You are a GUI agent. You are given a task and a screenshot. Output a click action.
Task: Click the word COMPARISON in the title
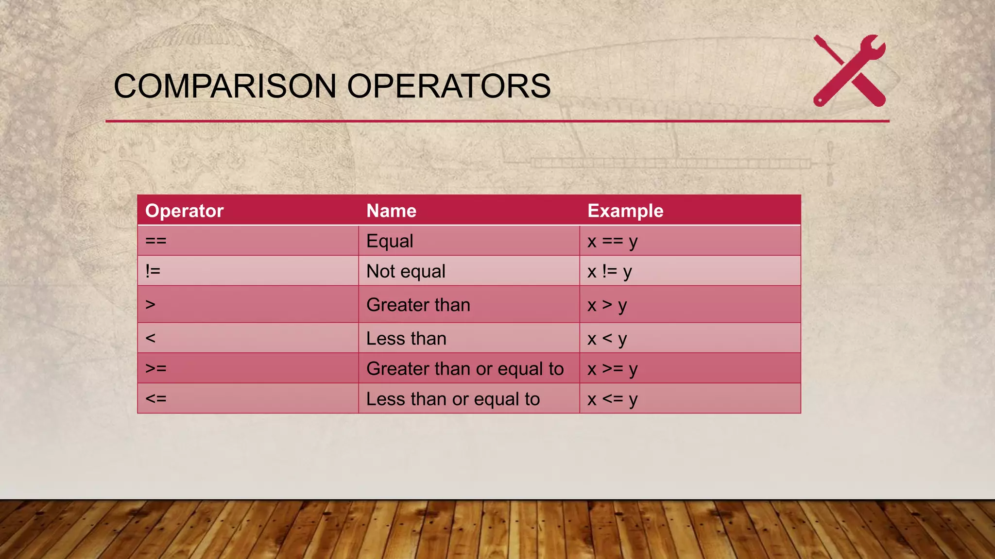(224, 86)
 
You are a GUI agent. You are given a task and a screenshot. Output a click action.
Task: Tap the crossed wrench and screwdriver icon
(849, 71)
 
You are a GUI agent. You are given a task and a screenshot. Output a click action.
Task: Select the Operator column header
(184, 211)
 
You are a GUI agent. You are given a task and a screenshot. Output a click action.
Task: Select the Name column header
(391, 211)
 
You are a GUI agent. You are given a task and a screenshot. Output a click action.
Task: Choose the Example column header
(625, 211)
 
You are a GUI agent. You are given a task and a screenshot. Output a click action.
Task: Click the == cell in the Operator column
(156, 241)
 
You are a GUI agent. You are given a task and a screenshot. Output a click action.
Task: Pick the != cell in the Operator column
(153, 271)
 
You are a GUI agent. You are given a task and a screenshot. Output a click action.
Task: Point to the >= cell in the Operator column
(156, 368)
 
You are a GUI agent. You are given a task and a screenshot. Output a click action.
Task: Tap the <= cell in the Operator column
(156, 398)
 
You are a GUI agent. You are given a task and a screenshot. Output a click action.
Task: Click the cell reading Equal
(390, 241)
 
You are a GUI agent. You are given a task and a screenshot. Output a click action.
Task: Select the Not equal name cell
(406, 271)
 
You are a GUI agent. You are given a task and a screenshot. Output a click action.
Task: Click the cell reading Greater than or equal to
(465, 369)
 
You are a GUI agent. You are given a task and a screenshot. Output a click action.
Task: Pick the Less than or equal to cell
(453, 399)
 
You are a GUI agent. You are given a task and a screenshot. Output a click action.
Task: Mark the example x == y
(612, 241)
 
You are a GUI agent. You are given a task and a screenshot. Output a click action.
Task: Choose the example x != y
(609, 271)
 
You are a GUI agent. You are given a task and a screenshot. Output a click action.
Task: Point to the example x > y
(607, 305)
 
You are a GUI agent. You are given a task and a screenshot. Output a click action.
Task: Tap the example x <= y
(612, 399)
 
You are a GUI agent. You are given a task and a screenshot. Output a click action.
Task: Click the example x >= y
(612, 369)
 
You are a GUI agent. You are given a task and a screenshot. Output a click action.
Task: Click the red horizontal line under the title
(497, 121)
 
